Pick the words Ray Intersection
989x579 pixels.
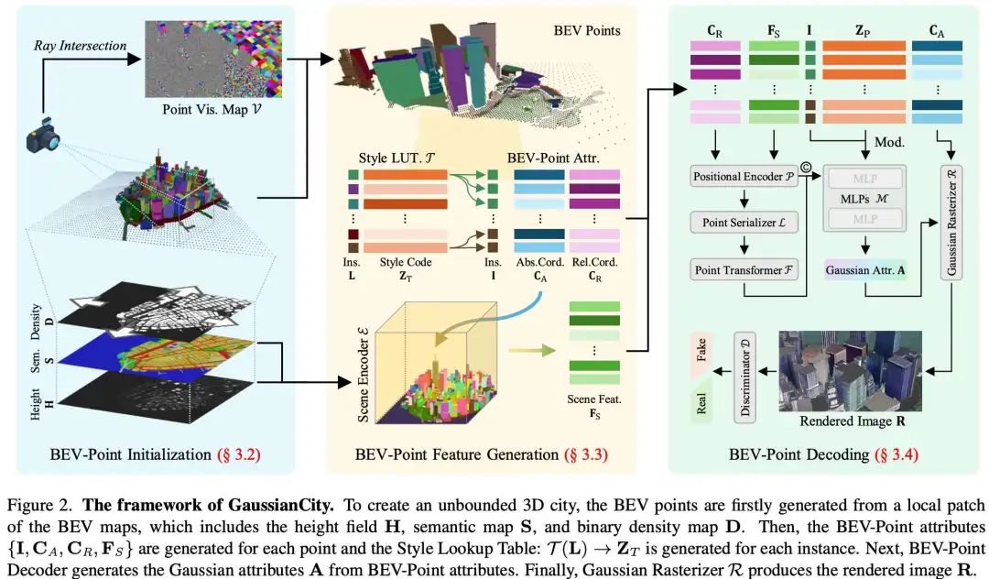tap(81, 45)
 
